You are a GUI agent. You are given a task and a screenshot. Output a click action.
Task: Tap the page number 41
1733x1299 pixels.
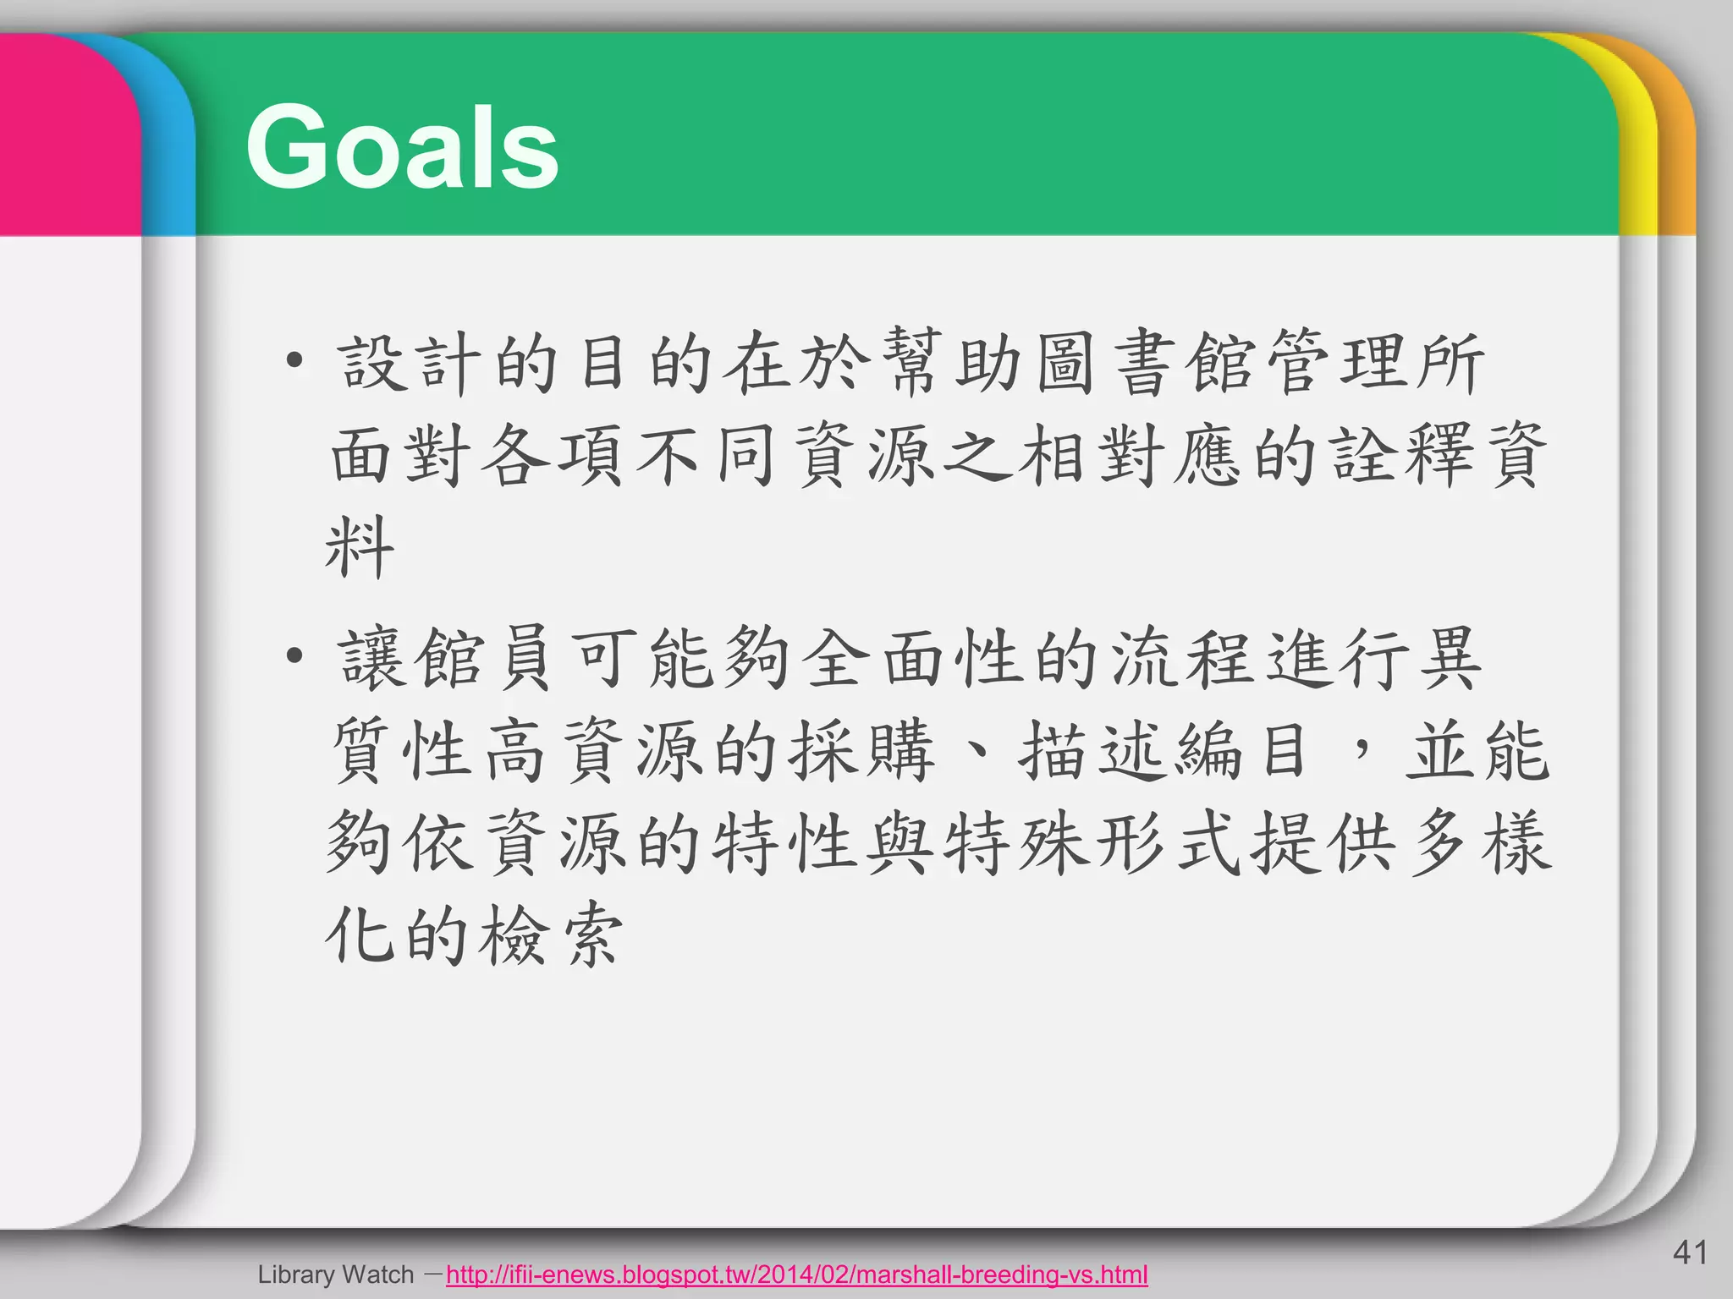pyautogui.click(x=1690, y=1252)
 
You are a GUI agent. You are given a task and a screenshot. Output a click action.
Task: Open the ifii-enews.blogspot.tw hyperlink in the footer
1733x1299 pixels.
pyautogui.click(x=796, y=1274)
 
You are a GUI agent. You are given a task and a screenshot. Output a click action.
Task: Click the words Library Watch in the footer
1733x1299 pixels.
pyautogui.click(x=336, y=1274)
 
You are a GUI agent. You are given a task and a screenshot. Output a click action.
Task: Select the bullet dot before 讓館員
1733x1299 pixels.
pyautogui.click(x=294, y=655)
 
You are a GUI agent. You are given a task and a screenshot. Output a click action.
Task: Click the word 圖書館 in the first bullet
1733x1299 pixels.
pyautogui.click(x=1147, y=364)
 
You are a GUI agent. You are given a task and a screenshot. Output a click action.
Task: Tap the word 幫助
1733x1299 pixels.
pyautogui.click(x=955, y=364)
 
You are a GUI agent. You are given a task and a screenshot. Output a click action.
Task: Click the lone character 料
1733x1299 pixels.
pyautogui.click(x=360, y=548)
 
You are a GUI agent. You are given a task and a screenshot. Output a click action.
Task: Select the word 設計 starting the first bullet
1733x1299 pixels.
pyautogui.click(x=406, y=364)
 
